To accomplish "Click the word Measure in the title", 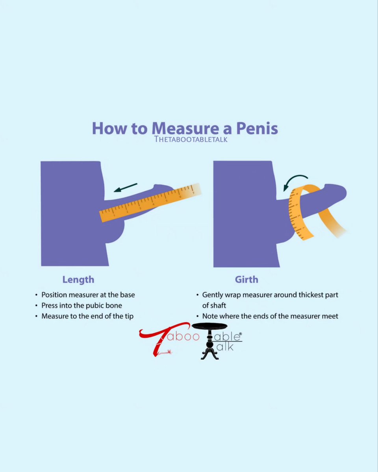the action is click(185, 129).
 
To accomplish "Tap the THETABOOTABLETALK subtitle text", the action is click(191, 139).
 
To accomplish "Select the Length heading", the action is click(78, 280).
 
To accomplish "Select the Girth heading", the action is click(246, 280).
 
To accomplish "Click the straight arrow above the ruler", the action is click(126, 188).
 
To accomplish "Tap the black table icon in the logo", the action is click(210, 341).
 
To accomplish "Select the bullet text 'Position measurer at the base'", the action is click(88, 295).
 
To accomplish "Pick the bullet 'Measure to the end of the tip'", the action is click(87, 316).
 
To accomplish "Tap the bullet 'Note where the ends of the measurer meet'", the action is click(270, 316).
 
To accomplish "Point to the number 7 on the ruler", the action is click(193, 193).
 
